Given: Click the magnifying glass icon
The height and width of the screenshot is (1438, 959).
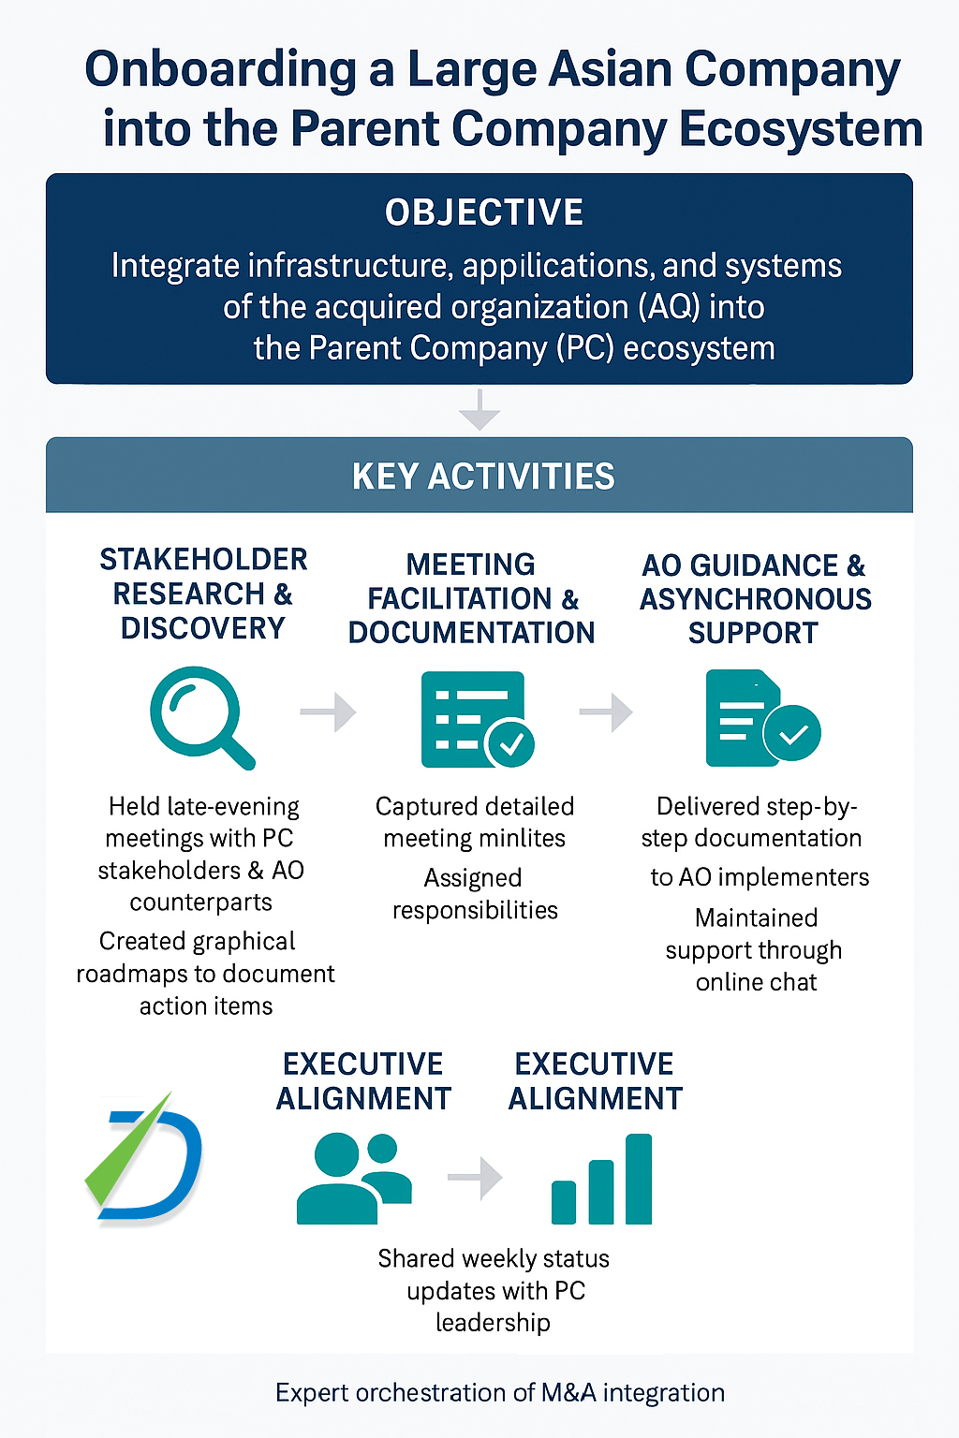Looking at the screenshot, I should (199, 715).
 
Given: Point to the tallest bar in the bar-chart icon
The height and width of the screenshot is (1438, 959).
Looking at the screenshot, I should (639, 1179).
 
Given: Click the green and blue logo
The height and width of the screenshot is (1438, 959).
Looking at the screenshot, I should (144, 1161).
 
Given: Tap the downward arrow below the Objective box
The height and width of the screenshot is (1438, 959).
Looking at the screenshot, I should (479, 410).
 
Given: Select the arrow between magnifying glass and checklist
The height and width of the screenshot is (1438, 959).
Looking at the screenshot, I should (328, 712).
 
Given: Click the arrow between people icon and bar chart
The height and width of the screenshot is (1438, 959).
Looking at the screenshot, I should (476, 1178).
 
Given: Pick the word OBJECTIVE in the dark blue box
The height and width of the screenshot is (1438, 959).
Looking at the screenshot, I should (484, 213).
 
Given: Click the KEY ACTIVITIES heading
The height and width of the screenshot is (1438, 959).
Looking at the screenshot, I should (483, 477).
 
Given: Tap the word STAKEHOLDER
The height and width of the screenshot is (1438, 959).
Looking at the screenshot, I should (203, 560).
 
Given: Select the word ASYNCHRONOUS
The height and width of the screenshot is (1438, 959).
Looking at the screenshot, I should (756, 599).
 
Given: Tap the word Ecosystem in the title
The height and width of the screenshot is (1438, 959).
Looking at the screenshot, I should (801, 129).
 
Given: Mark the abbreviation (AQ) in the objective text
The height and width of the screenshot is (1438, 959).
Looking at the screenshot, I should (666, 307).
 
